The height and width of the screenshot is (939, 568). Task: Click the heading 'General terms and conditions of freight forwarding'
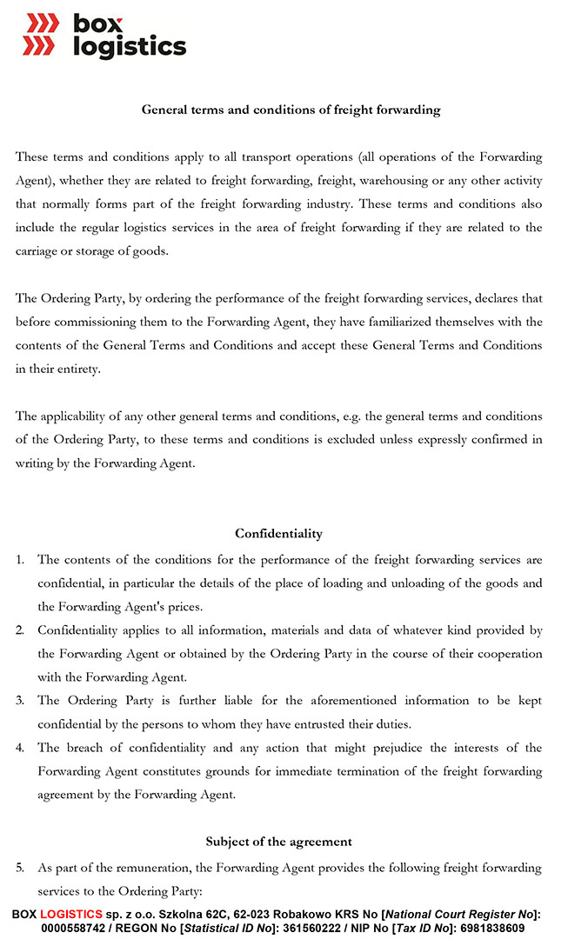291,110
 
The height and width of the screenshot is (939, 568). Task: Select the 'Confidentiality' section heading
278,533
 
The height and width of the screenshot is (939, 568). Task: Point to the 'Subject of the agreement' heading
278,841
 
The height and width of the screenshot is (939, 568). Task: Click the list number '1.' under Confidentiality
20,559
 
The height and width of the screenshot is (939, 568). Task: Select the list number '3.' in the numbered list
20,701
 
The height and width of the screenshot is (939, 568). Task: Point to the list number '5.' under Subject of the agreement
20,868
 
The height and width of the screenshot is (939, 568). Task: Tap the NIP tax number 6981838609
492,928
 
